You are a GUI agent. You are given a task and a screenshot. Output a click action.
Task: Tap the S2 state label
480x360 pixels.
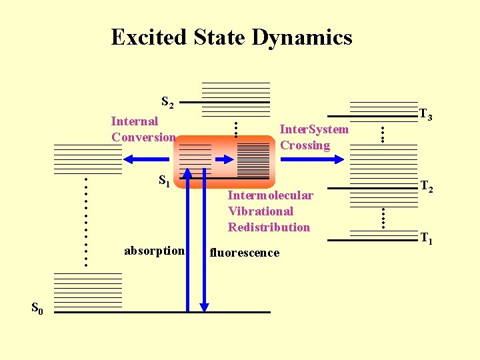167,103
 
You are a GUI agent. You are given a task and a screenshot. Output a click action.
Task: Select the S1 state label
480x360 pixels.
165,180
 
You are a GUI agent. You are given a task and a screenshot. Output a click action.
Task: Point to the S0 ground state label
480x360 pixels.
37,308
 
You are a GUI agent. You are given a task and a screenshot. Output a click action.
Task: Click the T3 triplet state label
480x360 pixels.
426,115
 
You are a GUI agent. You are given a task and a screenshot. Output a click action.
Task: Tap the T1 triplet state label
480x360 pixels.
426,238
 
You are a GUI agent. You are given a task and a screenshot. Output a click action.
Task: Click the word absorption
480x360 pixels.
154,251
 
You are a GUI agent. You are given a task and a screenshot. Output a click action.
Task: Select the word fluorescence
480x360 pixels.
245,253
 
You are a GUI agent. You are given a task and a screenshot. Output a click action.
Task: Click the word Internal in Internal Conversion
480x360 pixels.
135,121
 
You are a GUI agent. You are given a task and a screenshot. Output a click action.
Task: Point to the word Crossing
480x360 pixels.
305,145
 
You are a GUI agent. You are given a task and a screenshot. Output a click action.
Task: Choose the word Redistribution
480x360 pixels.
269,227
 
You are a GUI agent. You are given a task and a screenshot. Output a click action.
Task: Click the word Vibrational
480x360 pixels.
261,211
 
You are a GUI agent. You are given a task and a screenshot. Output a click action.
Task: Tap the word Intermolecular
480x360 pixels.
270,195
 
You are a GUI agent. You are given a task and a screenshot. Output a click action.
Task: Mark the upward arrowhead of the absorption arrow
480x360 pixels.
187,173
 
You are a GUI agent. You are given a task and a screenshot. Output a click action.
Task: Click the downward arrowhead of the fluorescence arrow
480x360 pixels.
204,307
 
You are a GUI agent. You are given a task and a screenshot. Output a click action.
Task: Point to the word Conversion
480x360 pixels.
143,137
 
